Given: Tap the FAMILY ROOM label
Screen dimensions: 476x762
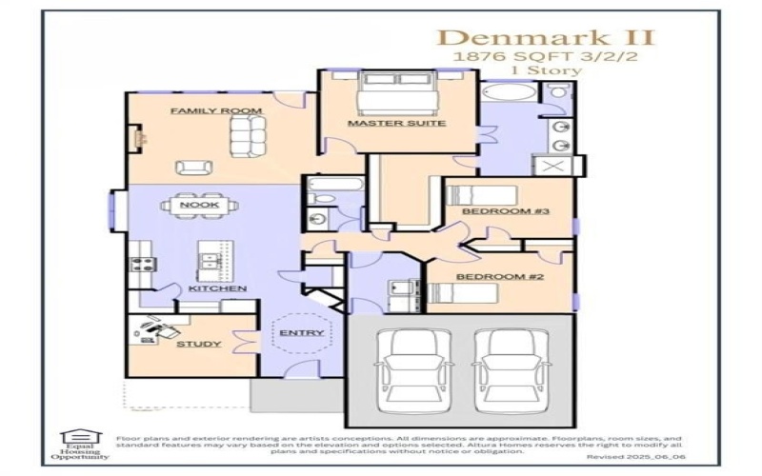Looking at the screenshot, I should tap(216, 111).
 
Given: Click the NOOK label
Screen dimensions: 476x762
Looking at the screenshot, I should tap(200, 204).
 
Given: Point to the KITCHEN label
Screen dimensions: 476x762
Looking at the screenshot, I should tap(217, 288).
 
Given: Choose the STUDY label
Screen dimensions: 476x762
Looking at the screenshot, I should tap(199, 344).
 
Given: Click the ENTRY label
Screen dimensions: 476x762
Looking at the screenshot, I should tap(301, 333).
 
